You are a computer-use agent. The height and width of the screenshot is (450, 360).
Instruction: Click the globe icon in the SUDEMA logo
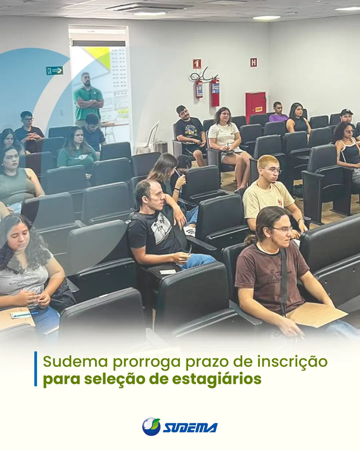[151, 427]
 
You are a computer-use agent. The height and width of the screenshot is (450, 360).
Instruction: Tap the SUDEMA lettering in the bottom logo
[190, 428]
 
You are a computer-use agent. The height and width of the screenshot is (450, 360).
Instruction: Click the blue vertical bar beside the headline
[36, 369]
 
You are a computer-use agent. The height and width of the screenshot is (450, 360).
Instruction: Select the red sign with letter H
[253, 62]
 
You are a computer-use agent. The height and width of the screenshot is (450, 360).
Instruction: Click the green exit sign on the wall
[55, 70]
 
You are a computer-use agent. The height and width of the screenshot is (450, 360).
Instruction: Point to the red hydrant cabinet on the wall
[255, 105]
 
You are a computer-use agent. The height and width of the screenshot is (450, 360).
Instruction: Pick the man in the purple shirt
[279, 112]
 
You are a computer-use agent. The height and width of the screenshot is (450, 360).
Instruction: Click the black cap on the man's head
[347, 112]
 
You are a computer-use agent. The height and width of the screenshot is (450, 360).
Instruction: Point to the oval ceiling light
[266, 18]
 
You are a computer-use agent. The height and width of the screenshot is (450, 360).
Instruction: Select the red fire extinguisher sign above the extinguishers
[197, 63]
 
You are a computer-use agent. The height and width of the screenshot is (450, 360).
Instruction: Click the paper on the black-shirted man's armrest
[167, 271]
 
